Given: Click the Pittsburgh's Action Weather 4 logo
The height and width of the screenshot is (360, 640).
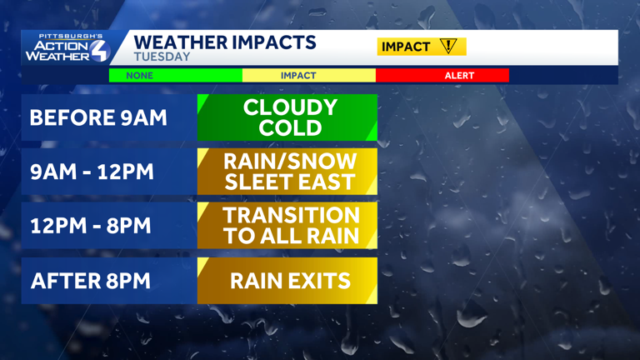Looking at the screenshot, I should [67, 48].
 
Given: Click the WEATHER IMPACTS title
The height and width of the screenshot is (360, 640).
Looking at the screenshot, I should [225, 42].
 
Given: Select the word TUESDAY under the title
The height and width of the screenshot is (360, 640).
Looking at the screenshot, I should [162, 57].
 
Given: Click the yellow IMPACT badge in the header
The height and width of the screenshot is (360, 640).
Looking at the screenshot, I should [421, 47].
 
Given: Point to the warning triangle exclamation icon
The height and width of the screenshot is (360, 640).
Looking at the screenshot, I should [449, 47].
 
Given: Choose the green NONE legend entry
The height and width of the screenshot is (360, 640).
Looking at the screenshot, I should [140, 75].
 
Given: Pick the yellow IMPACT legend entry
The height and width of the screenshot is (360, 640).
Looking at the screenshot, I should [298, 75].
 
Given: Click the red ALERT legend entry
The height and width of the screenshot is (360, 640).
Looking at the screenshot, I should [459, 75].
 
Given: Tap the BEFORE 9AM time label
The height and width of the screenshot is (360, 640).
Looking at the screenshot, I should [98, 117].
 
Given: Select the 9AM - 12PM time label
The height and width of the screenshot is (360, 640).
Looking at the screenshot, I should [92, 172].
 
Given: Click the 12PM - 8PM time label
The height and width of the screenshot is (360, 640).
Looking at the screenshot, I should [91, 226].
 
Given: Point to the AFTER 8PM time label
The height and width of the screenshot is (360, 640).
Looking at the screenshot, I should [91, 280].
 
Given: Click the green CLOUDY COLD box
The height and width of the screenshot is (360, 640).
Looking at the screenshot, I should [287, 117].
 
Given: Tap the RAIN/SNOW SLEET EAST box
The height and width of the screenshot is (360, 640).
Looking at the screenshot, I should [287, 172].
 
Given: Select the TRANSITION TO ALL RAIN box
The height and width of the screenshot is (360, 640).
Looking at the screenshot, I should [287, 226].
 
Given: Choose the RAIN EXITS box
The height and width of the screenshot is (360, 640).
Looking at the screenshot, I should [287, 280].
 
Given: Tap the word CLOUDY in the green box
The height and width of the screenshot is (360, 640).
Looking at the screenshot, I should [290, 107].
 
